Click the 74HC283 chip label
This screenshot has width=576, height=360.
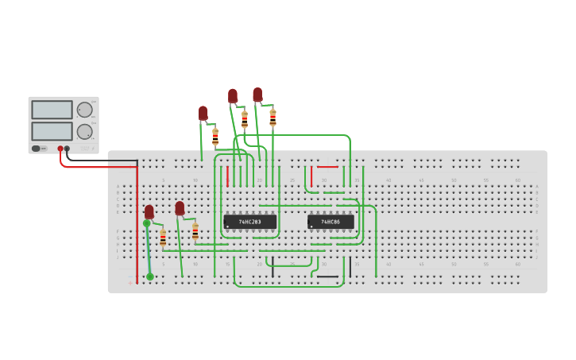point(250,222)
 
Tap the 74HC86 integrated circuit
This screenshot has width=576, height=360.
point(331,222)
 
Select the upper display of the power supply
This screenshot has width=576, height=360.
point(52,110)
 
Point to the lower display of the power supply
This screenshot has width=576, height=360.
point(52,131)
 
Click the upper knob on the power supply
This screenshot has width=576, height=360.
point(84,110)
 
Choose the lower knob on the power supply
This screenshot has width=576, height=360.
point(84,131)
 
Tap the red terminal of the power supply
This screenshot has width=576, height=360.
point(60,149)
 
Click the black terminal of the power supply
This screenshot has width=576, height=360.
point(67,149)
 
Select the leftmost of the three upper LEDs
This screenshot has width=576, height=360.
point(203,114)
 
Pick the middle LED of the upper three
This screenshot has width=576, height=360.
point(233,96)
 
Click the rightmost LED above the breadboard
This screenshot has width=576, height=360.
point(257,95)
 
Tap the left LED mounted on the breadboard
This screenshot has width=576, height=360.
point(149,212)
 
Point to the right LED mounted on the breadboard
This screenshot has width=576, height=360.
point(180,208)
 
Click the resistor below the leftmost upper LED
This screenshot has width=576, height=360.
point(215,137)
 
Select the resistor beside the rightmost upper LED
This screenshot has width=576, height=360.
point(273,118)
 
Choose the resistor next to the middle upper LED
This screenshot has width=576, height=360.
point(245,120)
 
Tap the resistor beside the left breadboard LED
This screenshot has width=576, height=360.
point(163,238)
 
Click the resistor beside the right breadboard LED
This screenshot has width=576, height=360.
point(195,231)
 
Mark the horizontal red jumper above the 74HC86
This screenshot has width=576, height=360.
point(327,167)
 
